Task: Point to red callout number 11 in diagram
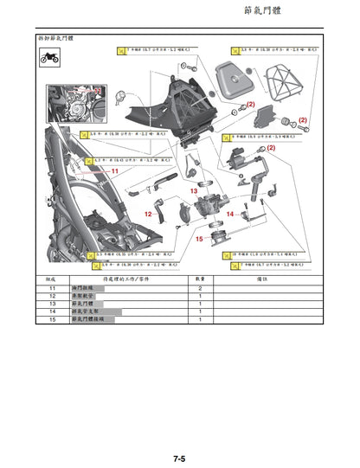tap(113, 171)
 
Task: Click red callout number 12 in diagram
tap(148, 214)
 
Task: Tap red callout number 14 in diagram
tap(230, 213)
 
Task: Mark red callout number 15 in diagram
tap(199, 238)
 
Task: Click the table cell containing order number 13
tap(51, 304)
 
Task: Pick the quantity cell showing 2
tap(200, 288)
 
